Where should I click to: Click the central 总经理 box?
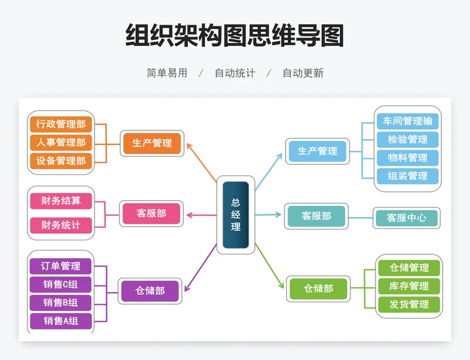click(x=236, y=214)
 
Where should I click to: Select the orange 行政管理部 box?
click(x=61, y=124)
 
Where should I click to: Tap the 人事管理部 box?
click(x=61, y=142)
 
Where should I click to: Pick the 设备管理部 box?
click(x=61, y=160)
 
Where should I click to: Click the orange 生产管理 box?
click(x=152, y=143)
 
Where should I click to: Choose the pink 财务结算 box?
click(x=61, y=201)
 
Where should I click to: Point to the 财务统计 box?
click(x=61, y=224)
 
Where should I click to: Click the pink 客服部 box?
click(x=151, y=213)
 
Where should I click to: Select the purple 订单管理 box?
click(x=61, y=266)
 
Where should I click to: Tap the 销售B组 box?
click(x=61, y=302)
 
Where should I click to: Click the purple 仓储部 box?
click(x=150, y=291)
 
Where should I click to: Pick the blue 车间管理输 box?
click(x=408, y=121)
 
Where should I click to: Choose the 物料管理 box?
click(x=408, y=157)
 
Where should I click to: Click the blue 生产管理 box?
click(x=317, y=151)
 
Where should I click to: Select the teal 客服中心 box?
click(x=407, y=218)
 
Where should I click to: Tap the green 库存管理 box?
click(x=409, y=286)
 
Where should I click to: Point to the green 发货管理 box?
click(x=409, y=304)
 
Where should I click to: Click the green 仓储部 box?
click(x=318, y=288)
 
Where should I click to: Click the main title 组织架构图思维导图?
click(x=234, y=36)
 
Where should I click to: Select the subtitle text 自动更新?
click(x=303, y=73)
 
